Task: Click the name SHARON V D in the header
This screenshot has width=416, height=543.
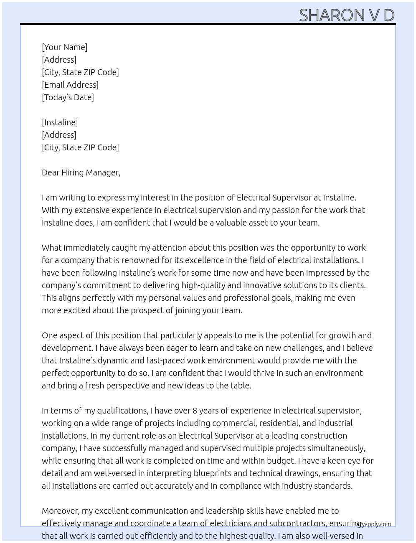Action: pos(347,15)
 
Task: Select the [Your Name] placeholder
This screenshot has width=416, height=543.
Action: pos(64,47)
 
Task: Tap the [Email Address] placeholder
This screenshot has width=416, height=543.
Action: pos(70,85)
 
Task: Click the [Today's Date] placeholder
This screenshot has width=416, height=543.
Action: pos(68,97)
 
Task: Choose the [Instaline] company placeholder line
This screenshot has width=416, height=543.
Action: pos(60,122)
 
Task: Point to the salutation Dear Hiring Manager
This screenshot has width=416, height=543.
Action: pos(81,173)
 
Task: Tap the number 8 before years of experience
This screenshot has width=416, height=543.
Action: pos(195,411)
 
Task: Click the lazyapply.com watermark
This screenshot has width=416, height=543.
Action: pos(373,524)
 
